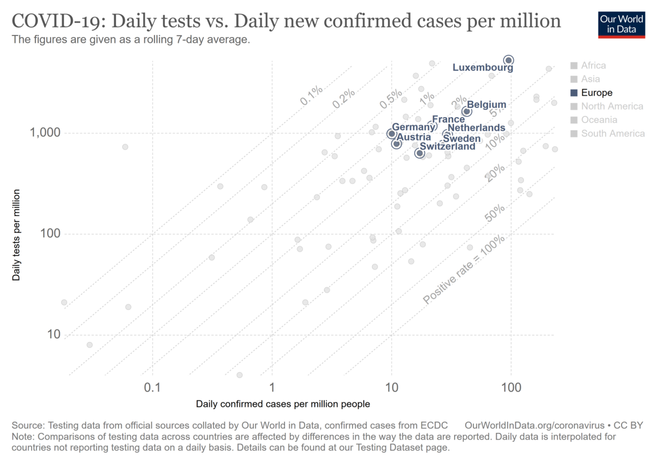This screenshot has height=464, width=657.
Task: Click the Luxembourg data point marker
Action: coord(508,60)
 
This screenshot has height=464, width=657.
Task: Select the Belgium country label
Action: coord(486,105)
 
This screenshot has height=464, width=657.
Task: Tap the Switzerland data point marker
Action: coord(420,153)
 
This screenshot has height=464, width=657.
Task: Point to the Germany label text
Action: coord(412,127)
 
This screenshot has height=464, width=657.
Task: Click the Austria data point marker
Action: coord(396,144)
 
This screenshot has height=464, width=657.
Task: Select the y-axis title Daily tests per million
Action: coord(17,234)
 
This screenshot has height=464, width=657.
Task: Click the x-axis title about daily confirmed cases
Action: coord(283,404)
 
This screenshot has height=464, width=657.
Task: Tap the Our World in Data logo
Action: coord(621,24)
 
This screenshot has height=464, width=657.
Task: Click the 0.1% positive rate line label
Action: coord(311,95)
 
